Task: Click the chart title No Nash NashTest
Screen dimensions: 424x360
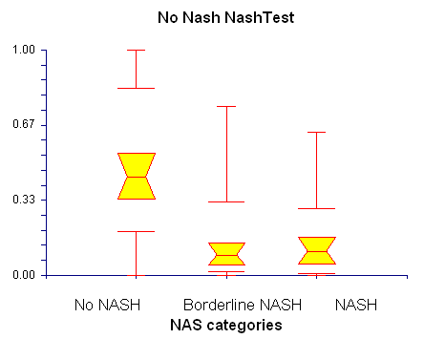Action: tap(226, 17)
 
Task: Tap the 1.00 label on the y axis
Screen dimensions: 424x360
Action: tap(24, 50)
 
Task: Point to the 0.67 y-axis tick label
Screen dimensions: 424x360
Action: tap(24, 124)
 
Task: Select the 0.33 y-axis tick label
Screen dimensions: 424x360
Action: tap(24, 200)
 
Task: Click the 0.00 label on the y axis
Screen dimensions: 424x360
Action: tap(24, 274)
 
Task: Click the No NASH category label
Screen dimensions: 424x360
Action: tap(107, 305)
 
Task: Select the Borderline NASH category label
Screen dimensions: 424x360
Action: tap(243, 305)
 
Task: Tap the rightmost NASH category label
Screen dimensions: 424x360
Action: tap(356, 305)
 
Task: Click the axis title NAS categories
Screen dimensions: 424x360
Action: tap(226, 325)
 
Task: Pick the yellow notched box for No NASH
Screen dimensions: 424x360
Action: tap(137, 176)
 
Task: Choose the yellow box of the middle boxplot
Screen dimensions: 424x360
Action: tap(226, 254)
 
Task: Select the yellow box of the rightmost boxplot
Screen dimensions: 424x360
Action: tap(317, 250)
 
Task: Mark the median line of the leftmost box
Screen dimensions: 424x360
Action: tap(137, 177)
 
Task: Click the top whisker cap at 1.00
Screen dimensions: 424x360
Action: tap(137, 50)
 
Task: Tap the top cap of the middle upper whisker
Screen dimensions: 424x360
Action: tap(226, 106)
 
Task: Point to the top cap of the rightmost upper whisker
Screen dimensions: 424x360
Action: tap(317, 132)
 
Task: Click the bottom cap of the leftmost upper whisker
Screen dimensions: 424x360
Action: tap(137, 88)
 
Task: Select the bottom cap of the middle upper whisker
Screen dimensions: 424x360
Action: tap(226, 201)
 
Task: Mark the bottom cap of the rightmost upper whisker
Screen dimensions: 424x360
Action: tap(317, 208)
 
